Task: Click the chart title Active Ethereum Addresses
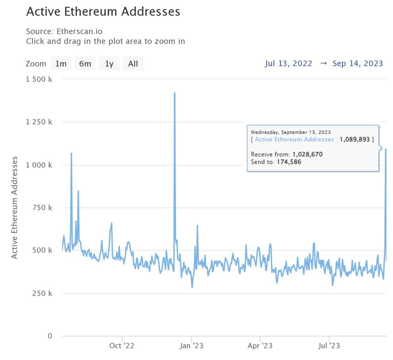(x=103, y=12)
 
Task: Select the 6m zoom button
(x=85, y=64)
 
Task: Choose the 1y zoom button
(x=109, y=64)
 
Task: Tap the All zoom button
(x=133, y=64)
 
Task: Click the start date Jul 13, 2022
(x=288, y=63)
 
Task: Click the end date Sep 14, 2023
(x=357, y=63)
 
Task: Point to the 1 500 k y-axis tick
(x=39, y=79)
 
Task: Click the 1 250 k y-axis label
(x=39, y=122)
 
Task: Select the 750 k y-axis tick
(x=42, y=208)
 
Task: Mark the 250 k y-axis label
(x=42, y=293)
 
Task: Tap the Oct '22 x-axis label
(x=122, y=346)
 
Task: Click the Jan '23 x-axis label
(x=191, y=346)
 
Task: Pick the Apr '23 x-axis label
(x=260, y=346)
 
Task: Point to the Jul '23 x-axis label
(x=329, y=346)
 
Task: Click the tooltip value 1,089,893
(x=355, y=140)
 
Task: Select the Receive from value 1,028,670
(x=307, y=154)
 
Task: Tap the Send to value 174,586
(x=289, y=162)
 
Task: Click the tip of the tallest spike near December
(x=174, y=93)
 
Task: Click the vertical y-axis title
(x=14, y=207)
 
